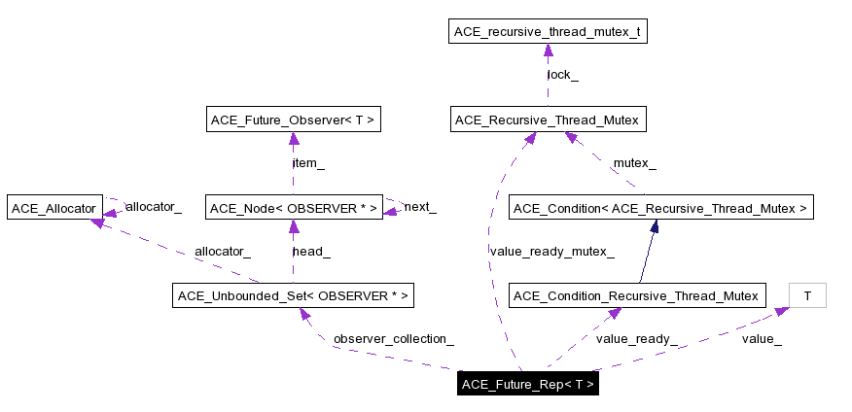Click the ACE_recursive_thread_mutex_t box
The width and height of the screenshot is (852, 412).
point(548,32)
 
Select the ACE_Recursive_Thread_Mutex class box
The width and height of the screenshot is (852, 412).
point(548,120)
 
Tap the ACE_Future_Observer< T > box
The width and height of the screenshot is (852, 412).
point(293,120)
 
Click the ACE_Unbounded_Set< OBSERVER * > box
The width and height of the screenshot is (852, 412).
point(293,294)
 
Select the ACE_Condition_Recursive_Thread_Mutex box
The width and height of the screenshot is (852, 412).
point(635,294)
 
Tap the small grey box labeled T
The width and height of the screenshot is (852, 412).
point(807,294)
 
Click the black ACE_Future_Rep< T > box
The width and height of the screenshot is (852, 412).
point(528,383)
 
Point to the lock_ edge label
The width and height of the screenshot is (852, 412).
point(562,74)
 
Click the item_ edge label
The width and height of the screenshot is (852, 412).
point(308,163)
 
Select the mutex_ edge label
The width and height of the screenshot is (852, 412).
point(634,163)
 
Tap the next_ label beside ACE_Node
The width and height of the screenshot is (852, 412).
point(420,207)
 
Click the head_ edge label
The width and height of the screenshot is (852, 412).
point(311,251)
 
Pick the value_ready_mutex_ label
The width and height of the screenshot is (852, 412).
point(551,251)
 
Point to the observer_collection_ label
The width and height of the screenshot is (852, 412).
point(394,339)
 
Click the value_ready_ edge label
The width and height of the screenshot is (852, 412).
point(636,339)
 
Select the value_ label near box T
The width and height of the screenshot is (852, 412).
point(762,339)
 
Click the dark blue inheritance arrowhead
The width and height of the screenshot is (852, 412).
point(655,226)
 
